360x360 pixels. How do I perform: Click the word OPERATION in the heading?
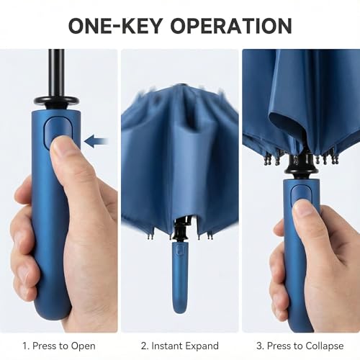point(225,25)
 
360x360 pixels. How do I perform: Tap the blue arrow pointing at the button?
point(96,140)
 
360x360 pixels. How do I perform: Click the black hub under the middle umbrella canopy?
point(179,229)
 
